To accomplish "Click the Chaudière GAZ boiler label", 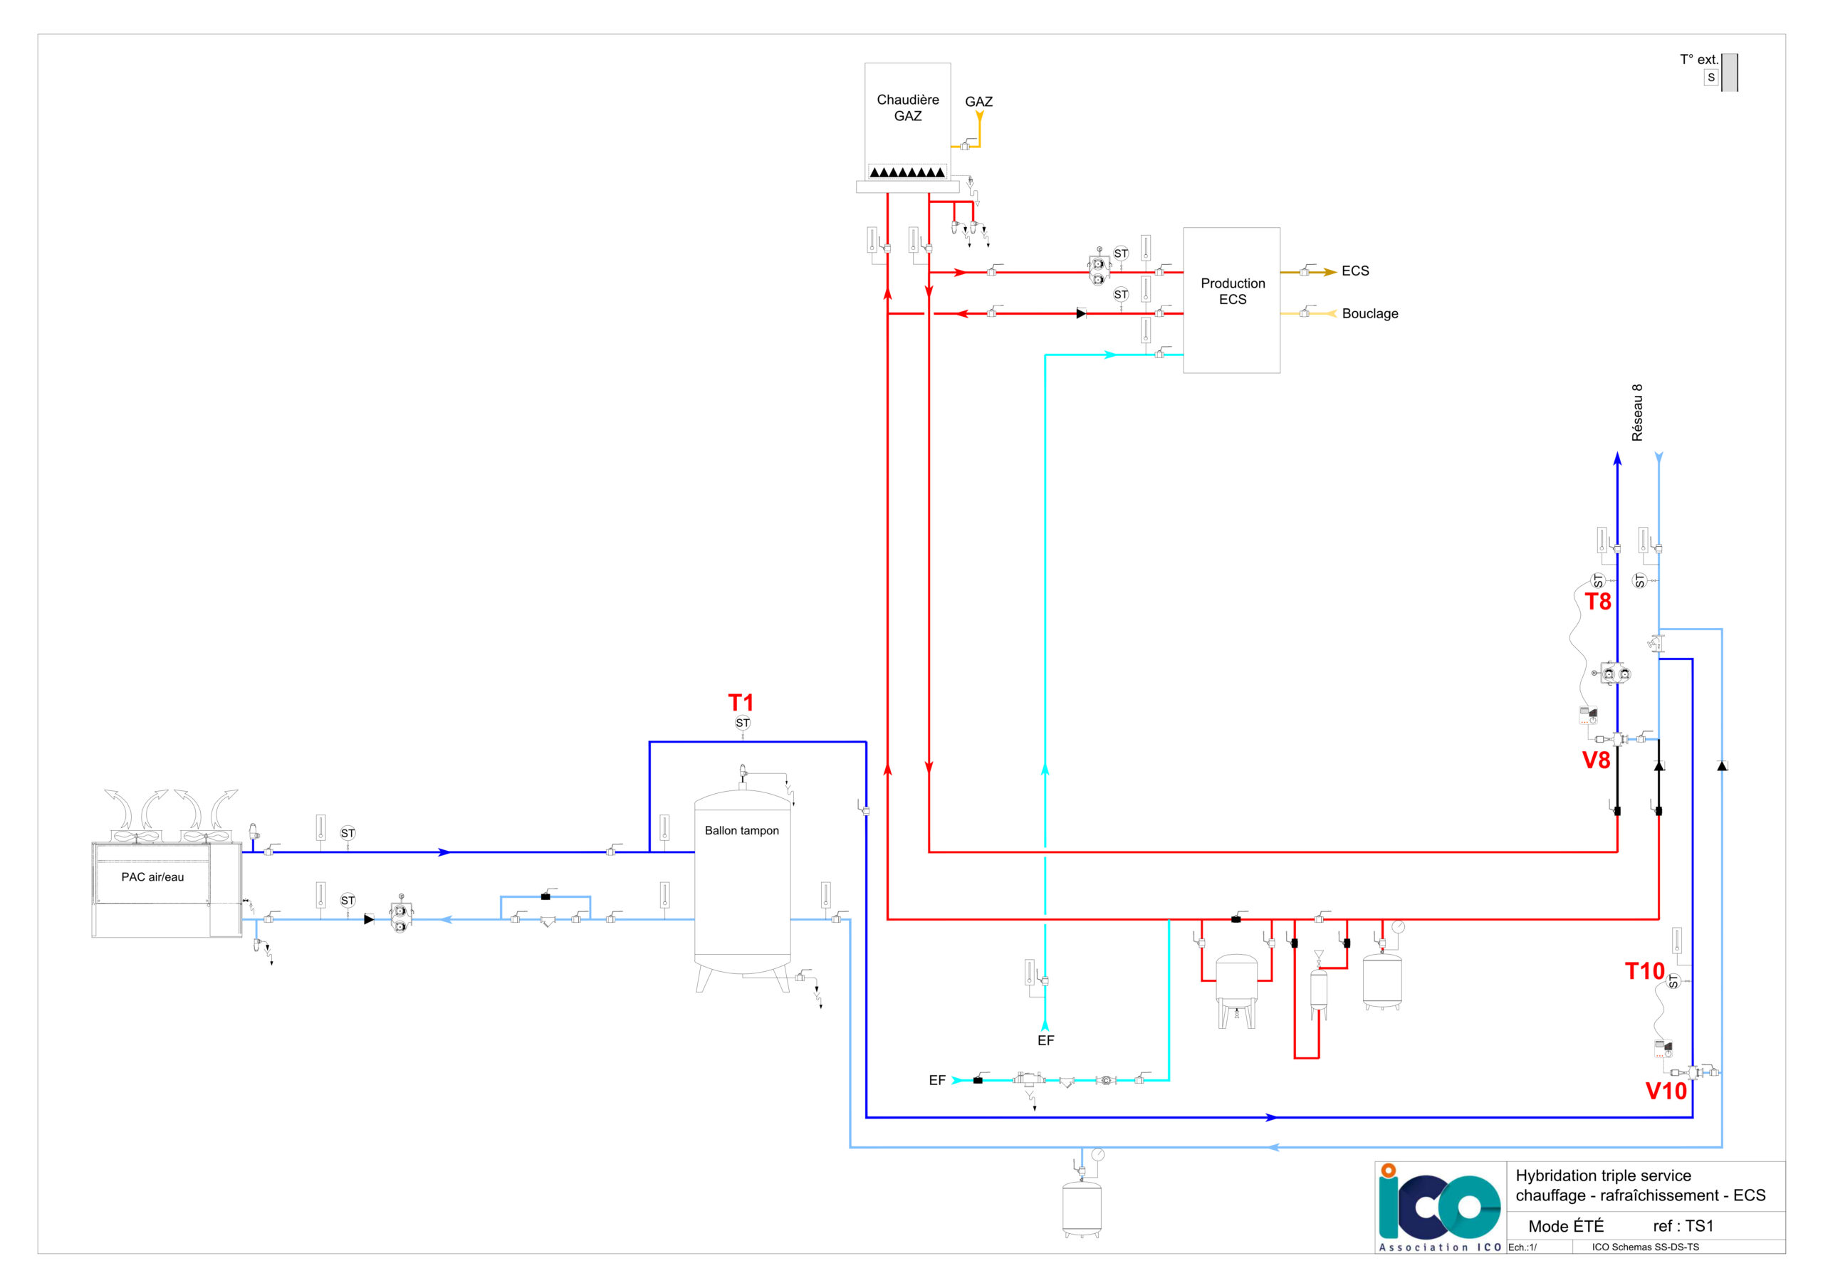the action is click(907, 108).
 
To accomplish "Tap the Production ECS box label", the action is click(1232, 291).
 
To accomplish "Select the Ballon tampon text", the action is click(741, 831).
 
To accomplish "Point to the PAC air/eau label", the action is click(152, 876).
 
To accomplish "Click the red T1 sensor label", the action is click(741, 703).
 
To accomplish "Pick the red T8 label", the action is click(1598, 602).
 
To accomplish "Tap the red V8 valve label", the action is click(1597, 760).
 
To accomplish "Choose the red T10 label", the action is click(1644, 971).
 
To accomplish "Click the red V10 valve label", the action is click(1666, 1091).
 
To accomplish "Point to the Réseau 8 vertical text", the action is click(1636, 413).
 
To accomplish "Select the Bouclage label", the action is click(1369, 314).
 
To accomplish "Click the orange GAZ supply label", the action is click(978, 102).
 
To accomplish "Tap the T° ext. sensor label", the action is click(1698, 60).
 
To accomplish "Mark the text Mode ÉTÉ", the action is click(1566, 1226).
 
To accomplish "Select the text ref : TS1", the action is click(1683, 1226).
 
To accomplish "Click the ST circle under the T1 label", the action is click(743, 723).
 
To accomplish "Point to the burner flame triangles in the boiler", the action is click(907, 172).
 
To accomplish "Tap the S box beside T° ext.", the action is click(1711, 78).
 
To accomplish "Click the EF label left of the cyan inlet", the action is click(937, 1081).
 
